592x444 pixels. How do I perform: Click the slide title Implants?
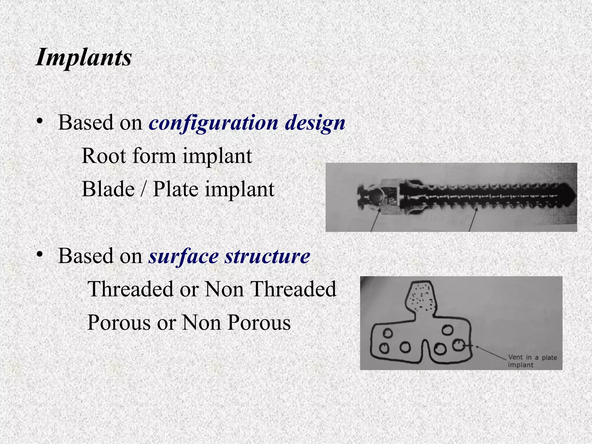click(x=84, y=57)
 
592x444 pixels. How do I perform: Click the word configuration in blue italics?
click(x=213, y=123)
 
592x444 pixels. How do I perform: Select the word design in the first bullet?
click(x=315, y=123)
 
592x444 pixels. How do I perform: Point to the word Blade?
click(x=108, y=189)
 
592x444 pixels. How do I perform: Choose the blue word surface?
click(x=183, y=256)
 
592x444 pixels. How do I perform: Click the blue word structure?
click(x=267, y=256)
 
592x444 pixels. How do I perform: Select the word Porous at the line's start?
click(x=119, y=322)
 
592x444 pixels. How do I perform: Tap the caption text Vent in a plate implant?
click(x=532, y=361)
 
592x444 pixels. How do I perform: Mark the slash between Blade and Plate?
click(x=144, y=189)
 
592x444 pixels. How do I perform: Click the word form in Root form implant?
click(x=154, y=156)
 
